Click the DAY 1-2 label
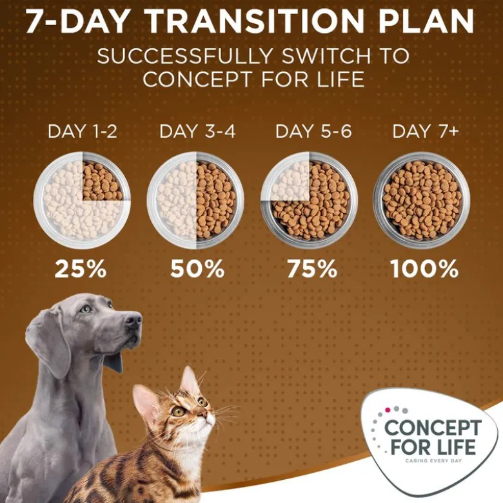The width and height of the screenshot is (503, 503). click(83, 131)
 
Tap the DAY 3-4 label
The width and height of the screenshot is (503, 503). click(197, 131)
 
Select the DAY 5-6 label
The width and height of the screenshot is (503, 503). click(313, 131)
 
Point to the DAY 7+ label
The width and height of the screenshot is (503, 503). click(425, 131)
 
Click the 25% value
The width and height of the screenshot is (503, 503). click(81, 268)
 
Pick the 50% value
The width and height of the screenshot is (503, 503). click(197, 268)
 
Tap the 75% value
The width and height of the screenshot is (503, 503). click(312, 268)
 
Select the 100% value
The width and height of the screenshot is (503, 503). click(424, 268)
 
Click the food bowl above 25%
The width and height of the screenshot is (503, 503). click(83, 200)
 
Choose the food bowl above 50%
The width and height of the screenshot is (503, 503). click(195, 200)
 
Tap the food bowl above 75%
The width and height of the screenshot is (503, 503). click(310, 200)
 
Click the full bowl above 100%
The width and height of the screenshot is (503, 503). click(422, 200)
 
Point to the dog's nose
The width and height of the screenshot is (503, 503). click(133, 319)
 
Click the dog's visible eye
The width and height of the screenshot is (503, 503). click(85, 309)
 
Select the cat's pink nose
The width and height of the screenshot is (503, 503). click(212, 414)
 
